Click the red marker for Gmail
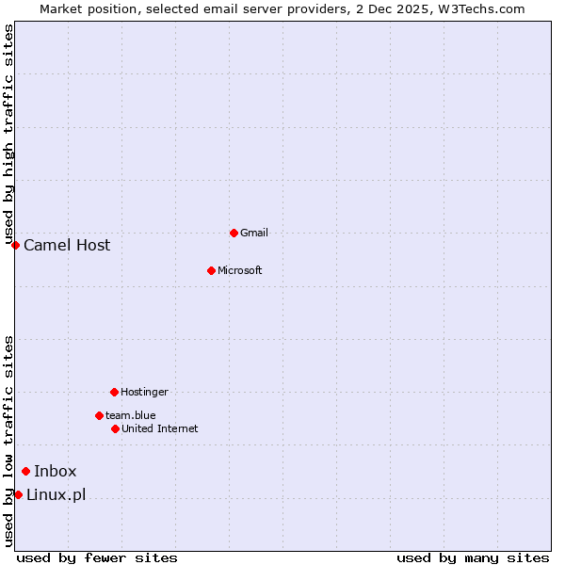[234, 233]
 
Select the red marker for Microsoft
[212, 270]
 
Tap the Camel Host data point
[15, 245]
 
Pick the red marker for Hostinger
[114, 392]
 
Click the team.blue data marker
[99, 415]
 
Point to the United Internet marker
[115, 428]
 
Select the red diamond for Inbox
[25, 472]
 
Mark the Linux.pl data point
[18, 494]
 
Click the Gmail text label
[254, 233]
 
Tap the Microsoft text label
[240, 270]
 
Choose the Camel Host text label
[67, 245]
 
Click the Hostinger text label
[144, 392]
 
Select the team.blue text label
[131, 415]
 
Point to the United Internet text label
[160, 428]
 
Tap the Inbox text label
[56, 472]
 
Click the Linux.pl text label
[56, 494]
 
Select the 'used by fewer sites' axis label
[97, 557]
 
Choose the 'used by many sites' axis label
[473, 557]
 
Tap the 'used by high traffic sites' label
[8, 135]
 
